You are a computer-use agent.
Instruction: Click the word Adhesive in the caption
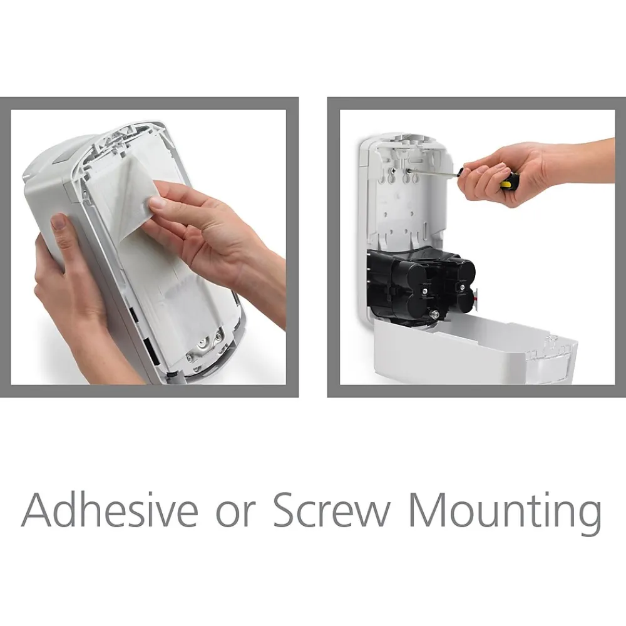point(110,510)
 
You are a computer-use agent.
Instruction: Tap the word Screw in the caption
point(331,510)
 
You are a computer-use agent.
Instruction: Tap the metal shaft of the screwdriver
point(436,172)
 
